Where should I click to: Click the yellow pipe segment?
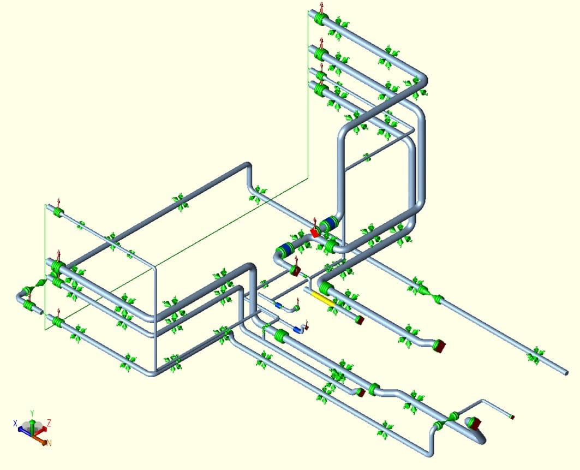[x=323, y=298]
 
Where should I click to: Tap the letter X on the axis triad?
[x=15, y=423]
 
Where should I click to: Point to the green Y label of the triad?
[x=32, y=413]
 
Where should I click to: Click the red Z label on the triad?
[x=49, y=423]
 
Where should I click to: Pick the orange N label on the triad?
[x=49, y=443]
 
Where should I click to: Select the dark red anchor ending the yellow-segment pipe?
[x=360, y=320]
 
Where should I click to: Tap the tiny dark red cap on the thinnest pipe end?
[x=512, y=417]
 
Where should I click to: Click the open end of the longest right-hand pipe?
[x=566, y=373]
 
